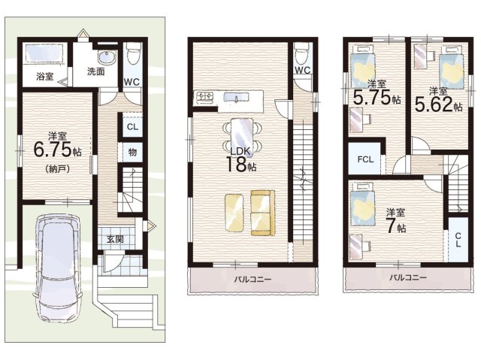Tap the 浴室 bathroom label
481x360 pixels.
click(45, 77)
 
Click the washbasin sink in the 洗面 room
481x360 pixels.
click(107, 57)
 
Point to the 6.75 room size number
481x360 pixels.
click(52, 150)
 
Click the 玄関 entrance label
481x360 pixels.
click(115, 239)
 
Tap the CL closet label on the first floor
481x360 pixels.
click(132, 127)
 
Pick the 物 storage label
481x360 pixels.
click(132, 152)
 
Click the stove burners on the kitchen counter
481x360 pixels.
click(204, 96)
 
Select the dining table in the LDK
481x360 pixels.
click(242, 135)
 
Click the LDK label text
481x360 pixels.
click(241, 151)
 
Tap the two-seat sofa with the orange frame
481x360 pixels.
click(263, 213)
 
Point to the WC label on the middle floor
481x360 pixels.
click(303, 70)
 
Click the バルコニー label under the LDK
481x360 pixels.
click(253, 280)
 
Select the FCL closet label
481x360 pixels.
click(365, 159)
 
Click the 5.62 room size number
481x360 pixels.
click(434, 104)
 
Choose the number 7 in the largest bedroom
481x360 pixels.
click(391, 226)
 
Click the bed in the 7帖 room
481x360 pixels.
click(362, 203)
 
